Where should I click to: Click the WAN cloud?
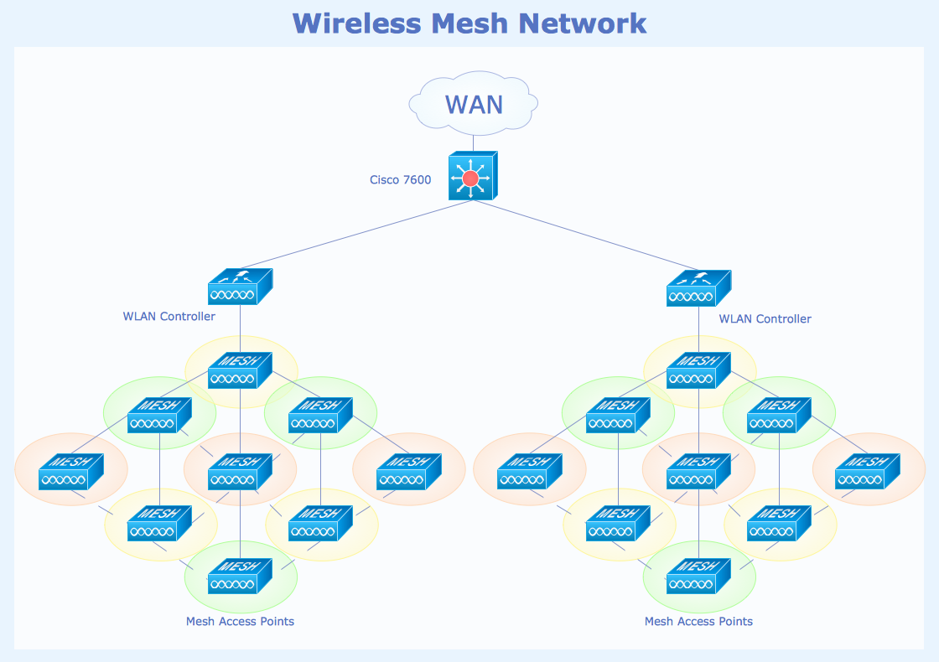(474, 104)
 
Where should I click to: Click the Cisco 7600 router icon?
(473, 176)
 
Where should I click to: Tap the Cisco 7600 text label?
(400, 180)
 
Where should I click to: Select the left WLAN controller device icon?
(240, 287)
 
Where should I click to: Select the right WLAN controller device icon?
(698, 288)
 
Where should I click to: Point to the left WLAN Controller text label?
(169, 317)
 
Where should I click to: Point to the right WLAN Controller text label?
(765, 319)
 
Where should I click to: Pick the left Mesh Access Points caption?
(240, 622)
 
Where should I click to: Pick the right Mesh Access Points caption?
(698, 622)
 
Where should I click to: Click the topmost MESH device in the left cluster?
(240, 370)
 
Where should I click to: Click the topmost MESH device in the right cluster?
(698, 370)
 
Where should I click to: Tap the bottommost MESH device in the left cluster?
(240, 577)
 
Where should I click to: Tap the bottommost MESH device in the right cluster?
(698, 577)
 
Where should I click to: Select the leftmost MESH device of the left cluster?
(70, 472)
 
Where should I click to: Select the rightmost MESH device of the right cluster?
(867, 472)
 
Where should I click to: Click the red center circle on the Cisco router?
(469, 178)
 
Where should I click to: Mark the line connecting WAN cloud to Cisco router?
(473, 142)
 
